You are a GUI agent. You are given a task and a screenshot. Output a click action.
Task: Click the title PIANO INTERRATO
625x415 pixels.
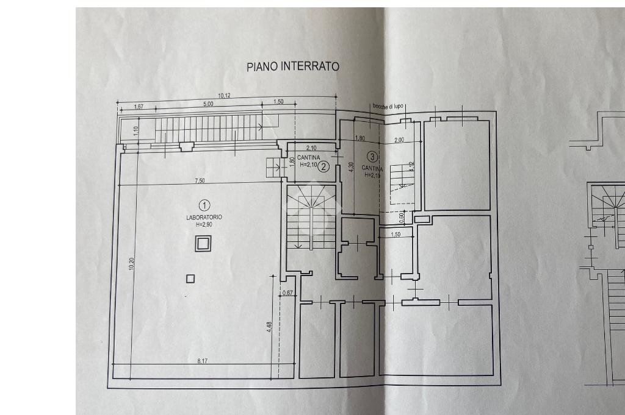[x=292, y=66]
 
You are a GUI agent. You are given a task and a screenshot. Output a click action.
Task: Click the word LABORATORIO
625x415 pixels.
[x=204, y=218]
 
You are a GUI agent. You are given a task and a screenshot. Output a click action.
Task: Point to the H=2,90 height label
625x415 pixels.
[x=204, y=225]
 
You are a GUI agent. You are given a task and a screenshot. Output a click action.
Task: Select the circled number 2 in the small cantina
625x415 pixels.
[x=324, y=166]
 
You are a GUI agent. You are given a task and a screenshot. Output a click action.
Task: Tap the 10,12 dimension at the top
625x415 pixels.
[x=224, y=95]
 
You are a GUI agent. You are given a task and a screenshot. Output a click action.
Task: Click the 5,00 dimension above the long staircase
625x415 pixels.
[x=208, y=104]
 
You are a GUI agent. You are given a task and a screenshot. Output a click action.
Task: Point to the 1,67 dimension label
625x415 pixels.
[x=139, y=107]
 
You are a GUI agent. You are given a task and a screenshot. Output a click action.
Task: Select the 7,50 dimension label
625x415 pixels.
[x=200, y=180]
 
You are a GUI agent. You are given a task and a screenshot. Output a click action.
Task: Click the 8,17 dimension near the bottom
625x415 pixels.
[x=203, y=361]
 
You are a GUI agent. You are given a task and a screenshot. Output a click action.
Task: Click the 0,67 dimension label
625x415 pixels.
[x=288, y=294]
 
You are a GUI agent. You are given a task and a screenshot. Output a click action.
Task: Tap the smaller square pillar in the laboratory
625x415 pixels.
[x=190, y=278]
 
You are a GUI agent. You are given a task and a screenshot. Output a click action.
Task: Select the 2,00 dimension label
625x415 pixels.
[x=399, y=140]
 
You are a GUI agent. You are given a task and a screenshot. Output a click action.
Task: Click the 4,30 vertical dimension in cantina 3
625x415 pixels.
[x=351, y=167]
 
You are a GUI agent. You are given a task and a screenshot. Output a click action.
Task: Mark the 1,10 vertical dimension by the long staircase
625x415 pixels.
[x=136, y=131]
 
